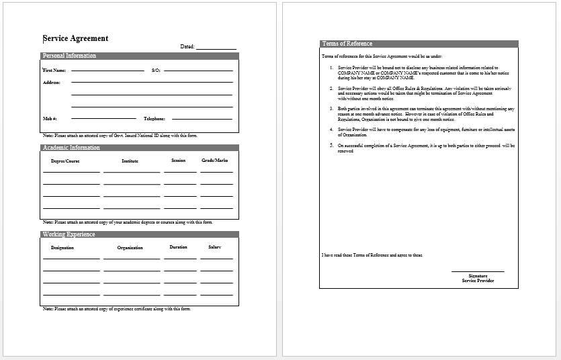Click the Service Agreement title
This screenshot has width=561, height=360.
click(x=75, y=39)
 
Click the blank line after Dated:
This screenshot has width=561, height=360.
click(x=216, y=48)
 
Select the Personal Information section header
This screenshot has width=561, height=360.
click(x=69, y=56)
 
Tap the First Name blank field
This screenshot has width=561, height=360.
click(x=107, y=70)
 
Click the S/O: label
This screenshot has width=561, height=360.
click(x=155, y=70)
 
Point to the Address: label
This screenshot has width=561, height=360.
click(x=52, y=83)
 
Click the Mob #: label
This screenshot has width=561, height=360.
click(x=50, y=118)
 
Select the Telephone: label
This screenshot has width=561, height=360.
click(x=155, y=118)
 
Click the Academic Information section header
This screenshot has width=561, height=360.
click(x=71, y=148)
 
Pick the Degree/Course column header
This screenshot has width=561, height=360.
click(x=66, y=161)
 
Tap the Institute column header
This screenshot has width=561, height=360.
click(x=130, y=161)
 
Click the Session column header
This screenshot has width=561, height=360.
click(x=178, y=161)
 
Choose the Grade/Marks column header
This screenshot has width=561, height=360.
click(x=215, y=161)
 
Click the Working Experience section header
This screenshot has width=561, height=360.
click(x=69, y=234)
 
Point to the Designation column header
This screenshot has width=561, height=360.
click(x=62, y=247)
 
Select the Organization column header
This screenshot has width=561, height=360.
click(x=130, y=248)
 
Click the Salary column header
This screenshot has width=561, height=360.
click(x=214, y=247)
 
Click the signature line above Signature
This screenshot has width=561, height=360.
click(x=478, y=271)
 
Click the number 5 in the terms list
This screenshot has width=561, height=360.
click(x=331, y=144)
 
